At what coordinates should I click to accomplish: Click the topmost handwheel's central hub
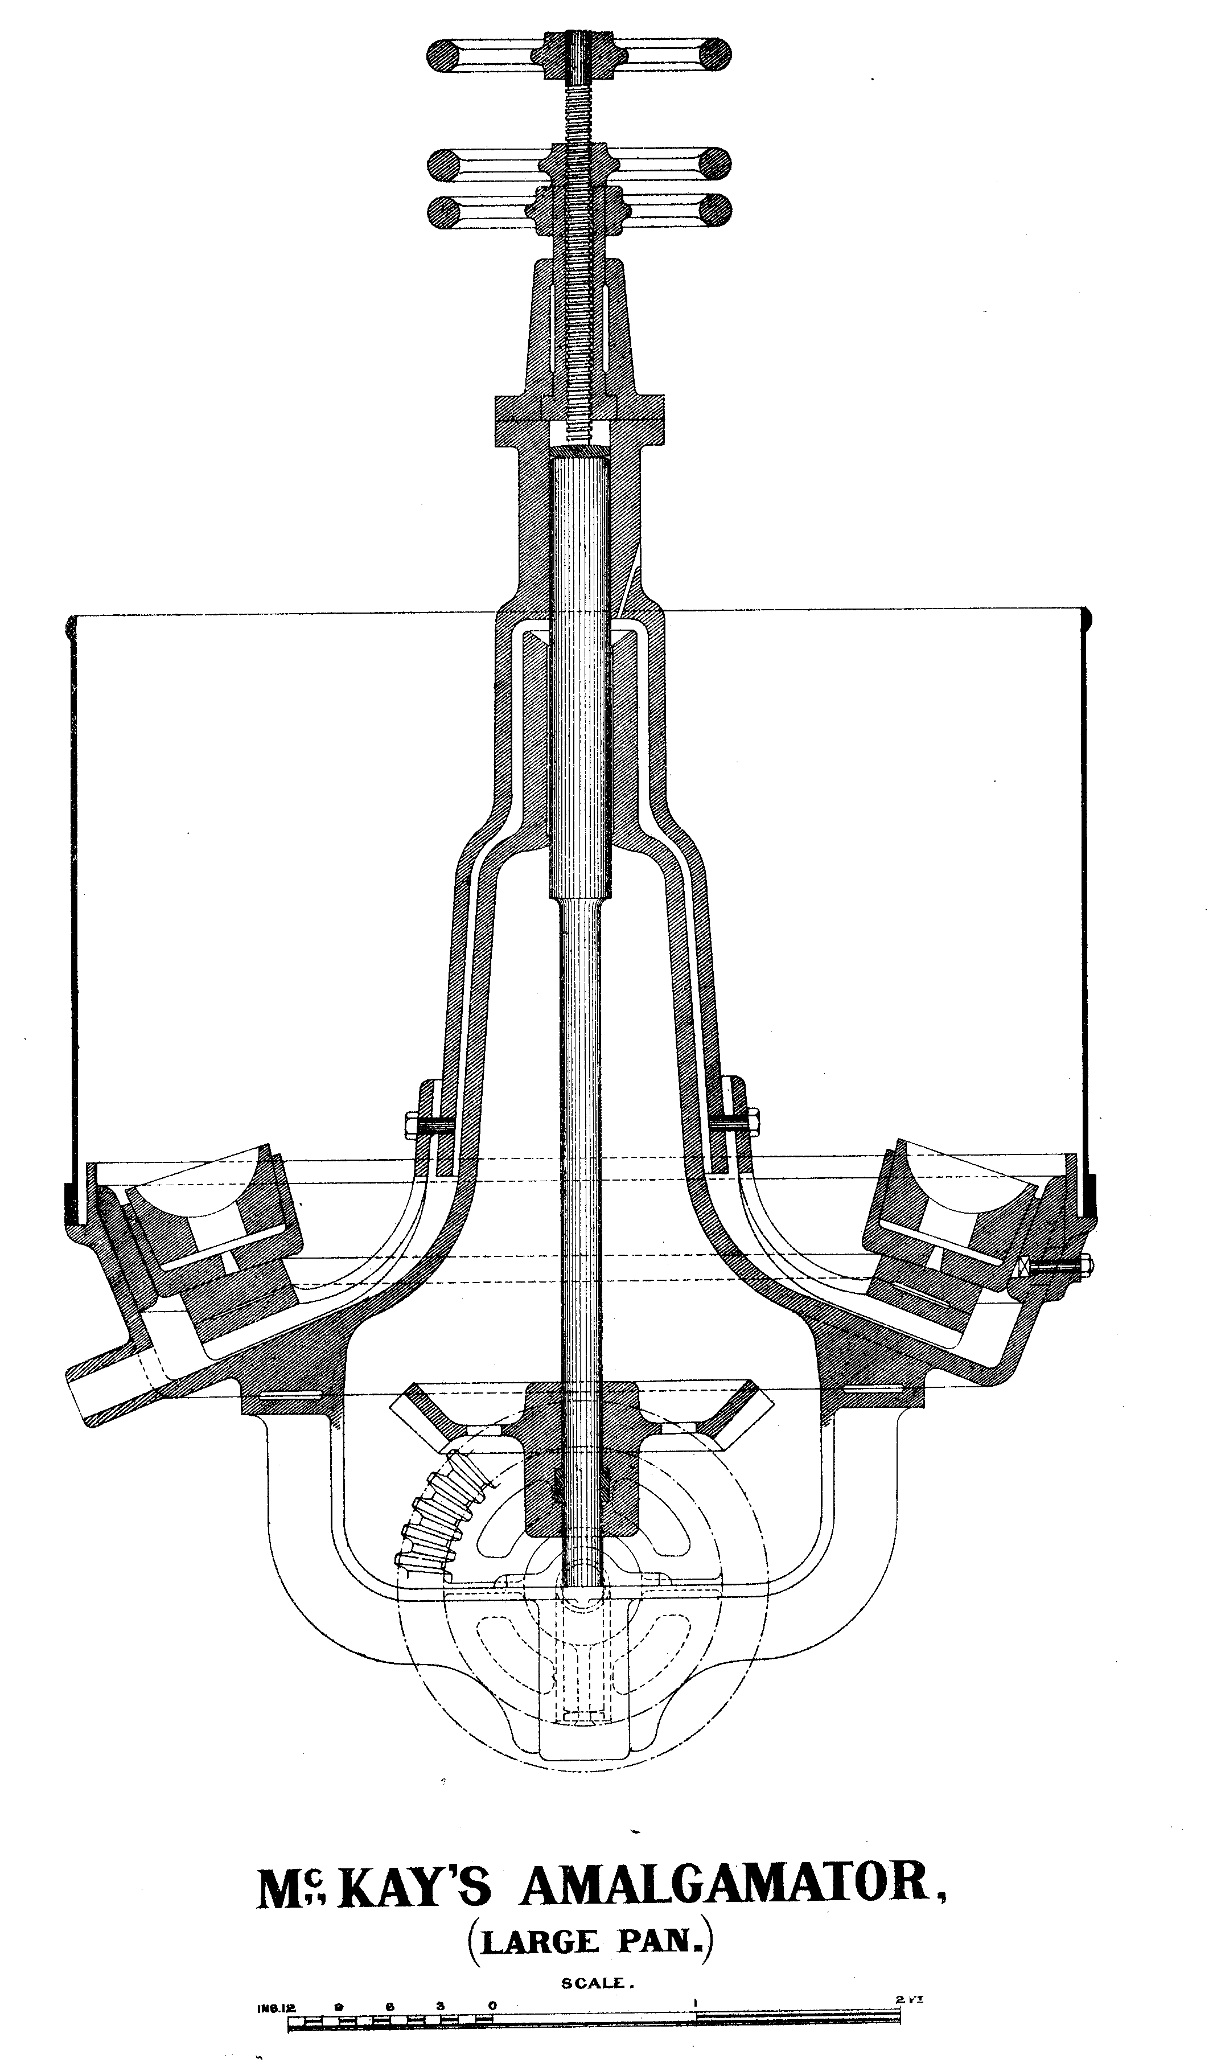[579, 56]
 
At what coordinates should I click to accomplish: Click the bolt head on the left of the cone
[413, 1125]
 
